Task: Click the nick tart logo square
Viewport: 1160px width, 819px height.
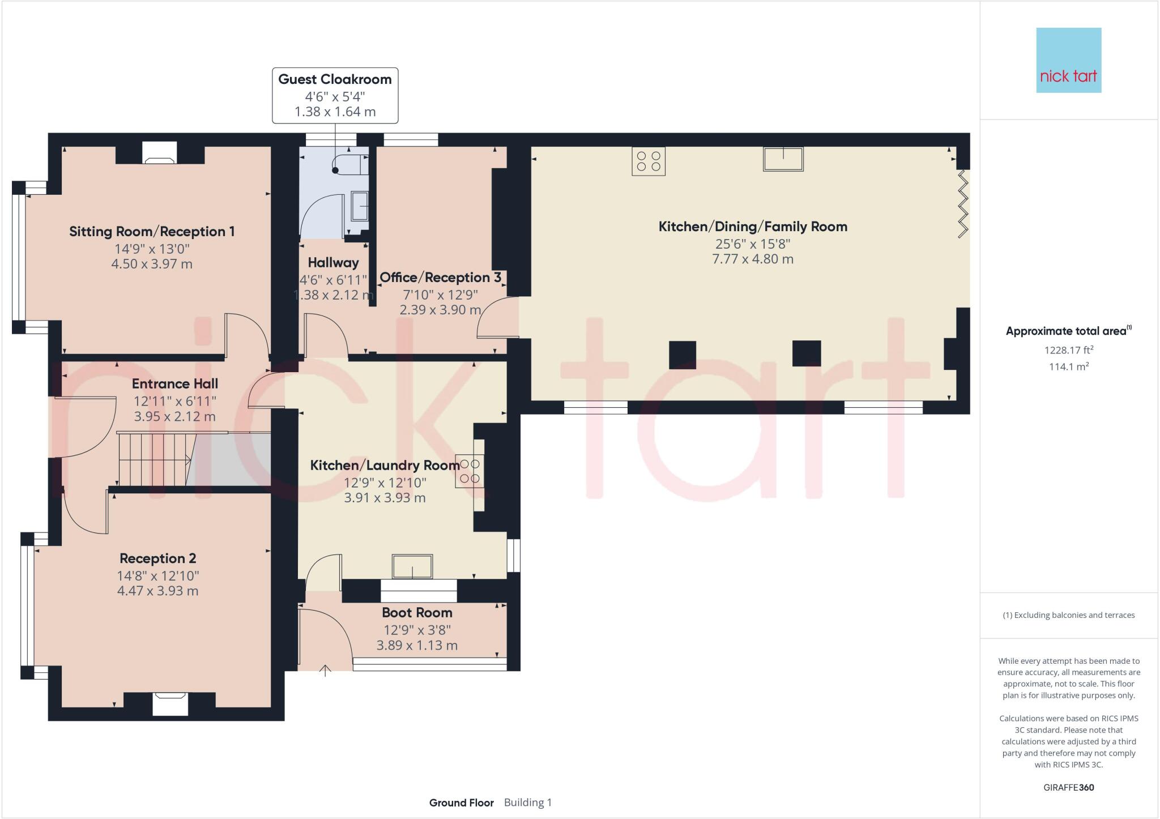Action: [1068, 60]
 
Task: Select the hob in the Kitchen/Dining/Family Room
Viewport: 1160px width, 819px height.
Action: [649, 161]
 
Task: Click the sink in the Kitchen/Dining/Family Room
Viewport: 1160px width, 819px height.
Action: [783, 159]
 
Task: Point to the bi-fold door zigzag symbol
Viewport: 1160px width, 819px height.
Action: [963, 204]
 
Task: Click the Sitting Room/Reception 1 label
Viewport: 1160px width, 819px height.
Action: [152, 231]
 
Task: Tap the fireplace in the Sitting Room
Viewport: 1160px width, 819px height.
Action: [160, 153]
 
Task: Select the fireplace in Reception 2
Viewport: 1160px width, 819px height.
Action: [170, 703]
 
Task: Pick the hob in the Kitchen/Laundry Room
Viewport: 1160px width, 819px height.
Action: [470, 471]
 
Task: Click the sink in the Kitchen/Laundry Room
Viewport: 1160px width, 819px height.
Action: [412, 566]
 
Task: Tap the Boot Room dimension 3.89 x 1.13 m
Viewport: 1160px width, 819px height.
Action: [417, 645]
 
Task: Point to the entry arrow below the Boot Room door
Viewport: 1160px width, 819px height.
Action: [325, 671]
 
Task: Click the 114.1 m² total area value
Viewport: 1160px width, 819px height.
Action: [1068, 366]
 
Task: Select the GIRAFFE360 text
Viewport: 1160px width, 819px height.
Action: [1068, 787]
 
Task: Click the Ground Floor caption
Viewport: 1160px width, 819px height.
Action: [461, 803]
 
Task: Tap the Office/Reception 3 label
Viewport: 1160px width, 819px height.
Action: [440, 278]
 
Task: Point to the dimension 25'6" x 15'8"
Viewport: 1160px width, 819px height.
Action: [752, 244]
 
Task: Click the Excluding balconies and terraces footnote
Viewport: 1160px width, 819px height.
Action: [1068, 615]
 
